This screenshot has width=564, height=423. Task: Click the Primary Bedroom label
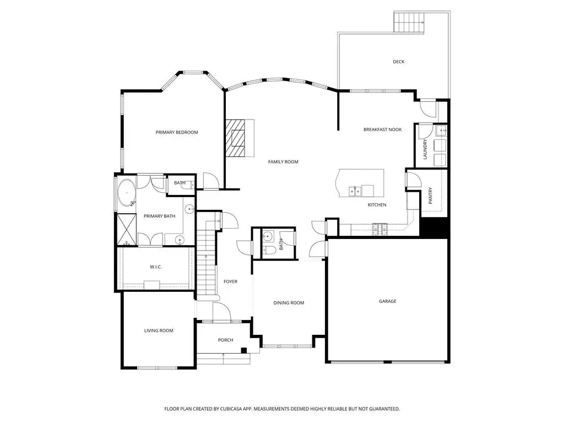pyautogui.click(x=177, y=132)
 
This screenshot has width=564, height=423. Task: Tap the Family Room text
pyautogui.click(x=283, y=162)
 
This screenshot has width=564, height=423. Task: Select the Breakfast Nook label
pyautogui.click(x=382, y=129)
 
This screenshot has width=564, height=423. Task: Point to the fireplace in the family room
pyautogui.click(x=240, y=138)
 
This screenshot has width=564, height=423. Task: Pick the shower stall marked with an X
pyautogui.click(x=127, y=229)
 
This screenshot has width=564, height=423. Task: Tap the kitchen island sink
pyautogui.click(x=355, y=191)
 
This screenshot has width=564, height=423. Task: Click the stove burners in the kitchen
pyautogui.click(x=380, y=229)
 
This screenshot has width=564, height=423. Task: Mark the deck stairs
pyautogui.click(x=409, y=22)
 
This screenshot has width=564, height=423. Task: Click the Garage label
pyautogui.click(x=387, y=301)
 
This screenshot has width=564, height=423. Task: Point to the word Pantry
pyautogui.click(x=431, y=196)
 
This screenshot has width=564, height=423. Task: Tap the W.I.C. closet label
pyautogui.click(x=156, y=267)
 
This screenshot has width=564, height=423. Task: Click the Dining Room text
pyautogui.click(x=289, y=303)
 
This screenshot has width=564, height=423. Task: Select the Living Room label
pyautogui.click(x=159, y=330)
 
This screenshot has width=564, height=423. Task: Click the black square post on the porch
pyautogui.click(x=244, y=350)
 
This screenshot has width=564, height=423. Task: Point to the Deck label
pyautogui.click(x=399, y=62)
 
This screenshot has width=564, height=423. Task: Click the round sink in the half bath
pyautogui.click(x=267, y=237)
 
